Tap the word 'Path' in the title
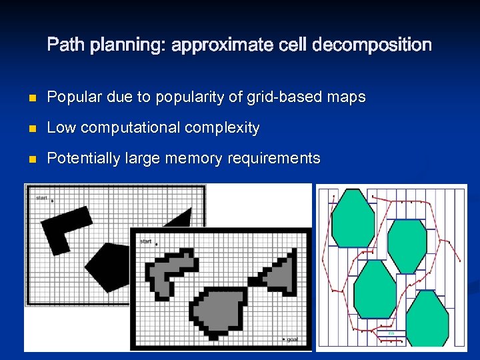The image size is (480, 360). (65, 45)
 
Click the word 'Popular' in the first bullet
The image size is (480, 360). (73, 97)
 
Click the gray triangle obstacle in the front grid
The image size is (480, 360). (282, 270)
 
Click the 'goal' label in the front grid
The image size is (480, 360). (291, 340)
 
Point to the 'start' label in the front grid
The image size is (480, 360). (146, 241)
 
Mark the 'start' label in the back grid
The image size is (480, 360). (41, 198)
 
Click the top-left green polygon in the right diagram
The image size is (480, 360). (353, 219)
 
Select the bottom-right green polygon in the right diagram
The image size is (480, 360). (427, 319)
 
